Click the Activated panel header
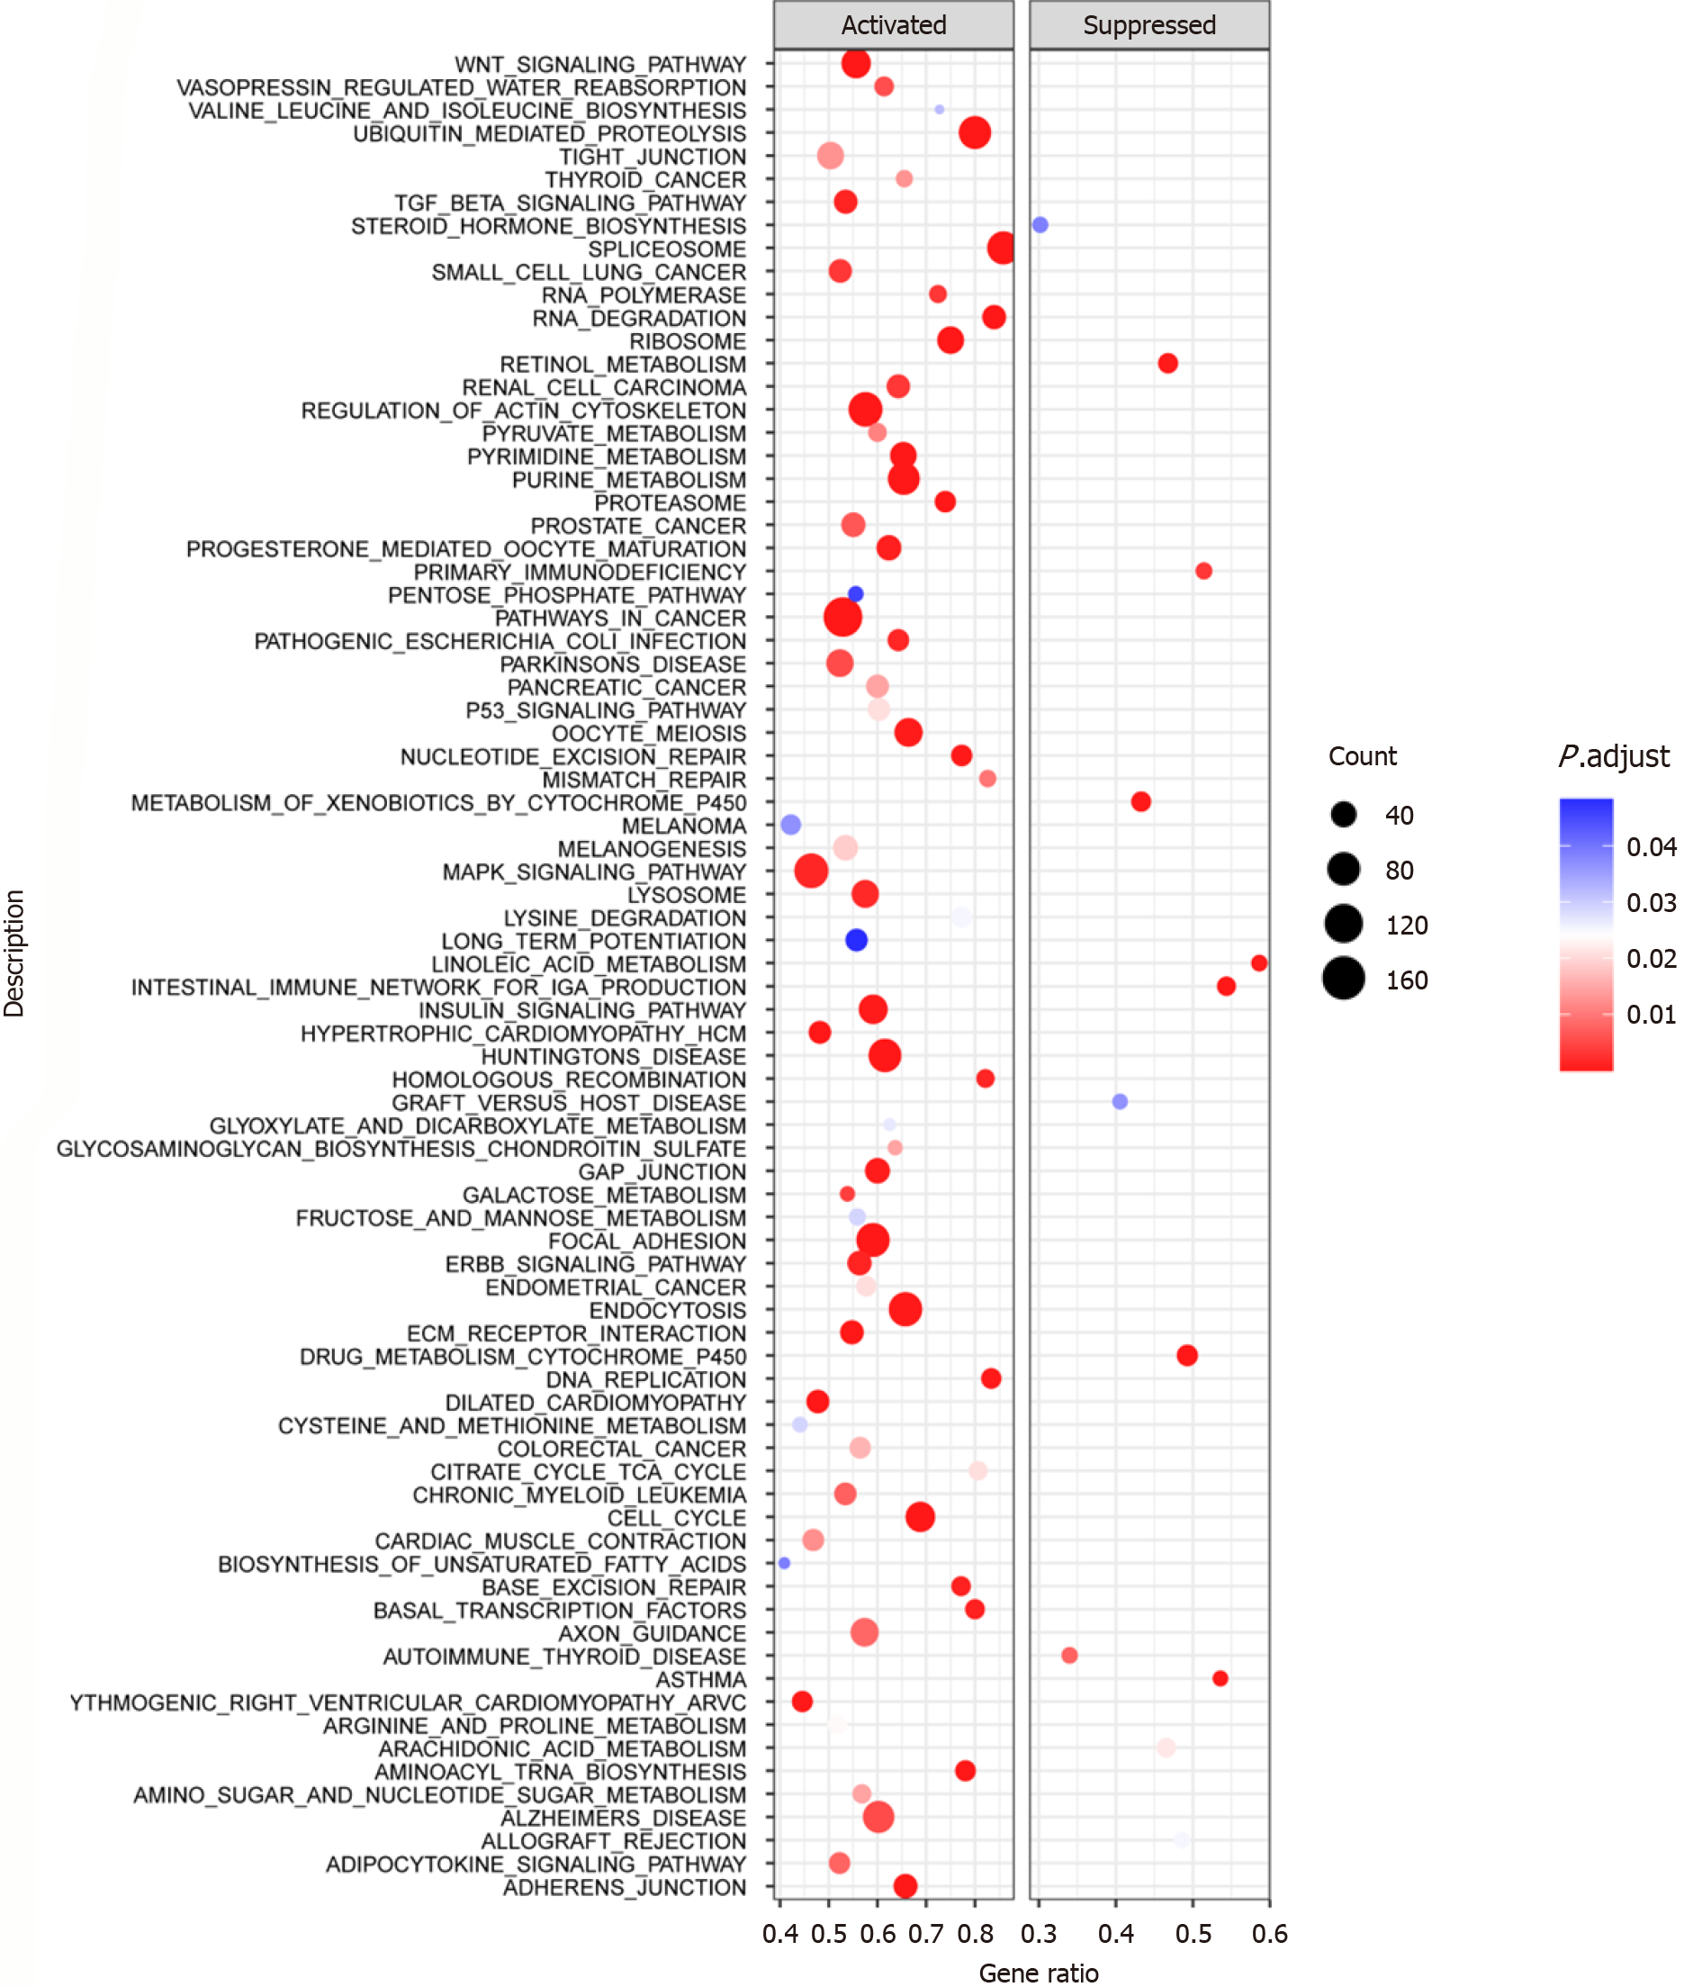point(893,25)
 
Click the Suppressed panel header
point(1148,25)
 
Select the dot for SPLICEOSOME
point(1001,248)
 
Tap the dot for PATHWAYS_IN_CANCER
point(842,617)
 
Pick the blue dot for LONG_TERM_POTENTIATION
point(856,940)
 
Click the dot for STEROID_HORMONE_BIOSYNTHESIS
point(1040,224)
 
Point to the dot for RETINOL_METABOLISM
point(1167,364)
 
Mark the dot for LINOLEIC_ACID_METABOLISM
point(1259,962)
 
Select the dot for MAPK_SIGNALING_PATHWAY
point(811,871)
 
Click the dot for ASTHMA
point(1220,1678)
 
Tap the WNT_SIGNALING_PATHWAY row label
point(599,64)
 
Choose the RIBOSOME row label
point(687,341)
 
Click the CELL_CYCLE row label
point(676,1518)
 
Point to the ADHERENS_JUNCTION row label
point(625,1887)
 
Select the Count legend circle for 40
point(1344,815)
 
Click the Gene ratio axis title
point(1039,1973)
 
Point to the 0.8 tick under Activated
point(974,1933)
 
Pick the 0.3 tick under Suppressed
point(1039,1933)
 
